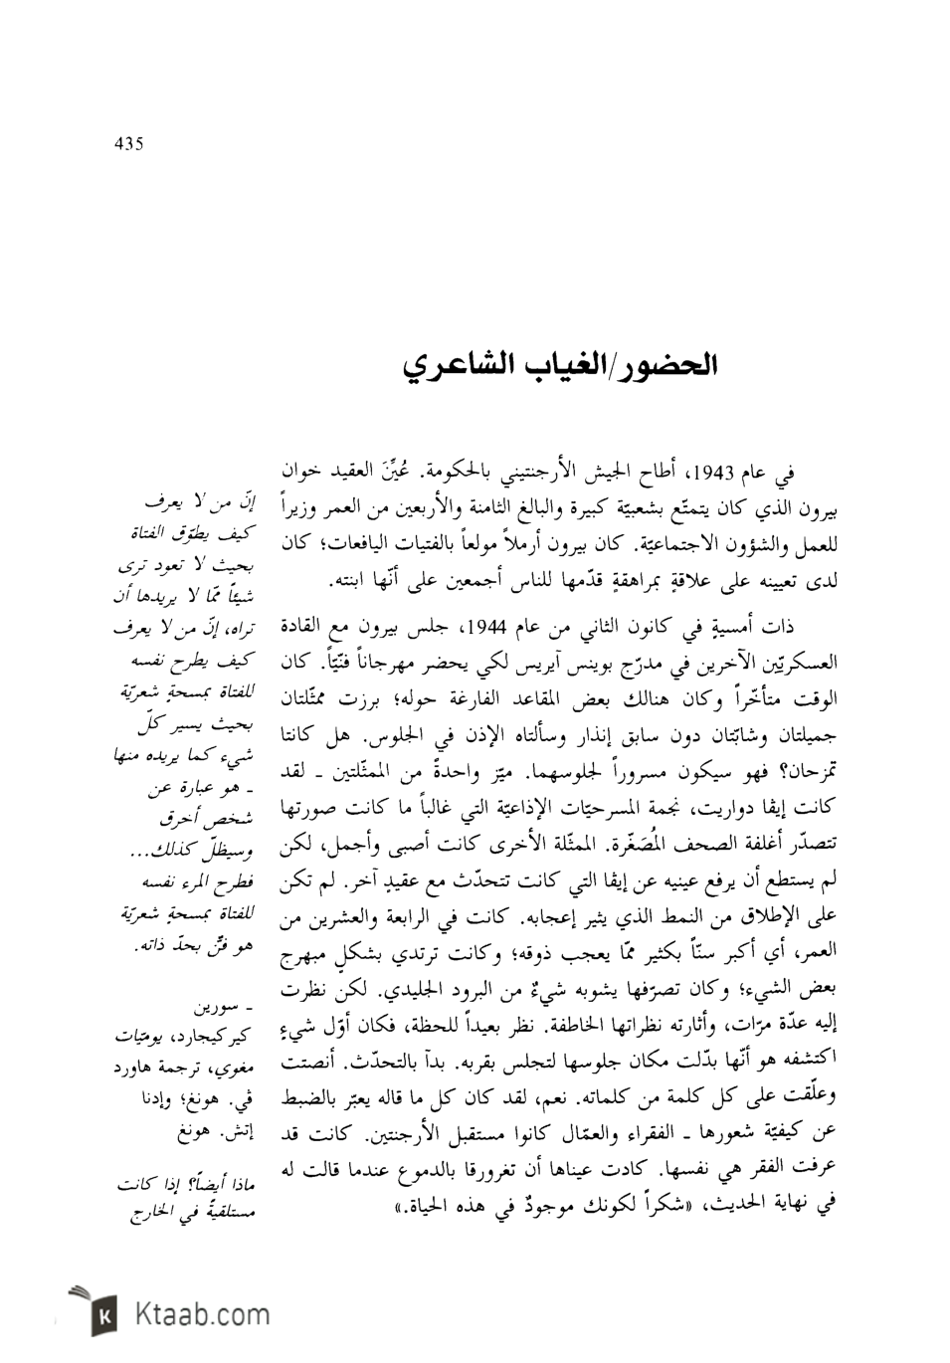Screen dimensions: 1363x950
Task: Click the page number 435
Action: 129,144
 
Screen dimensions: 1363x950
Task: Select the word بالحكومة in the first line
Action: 475,472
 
